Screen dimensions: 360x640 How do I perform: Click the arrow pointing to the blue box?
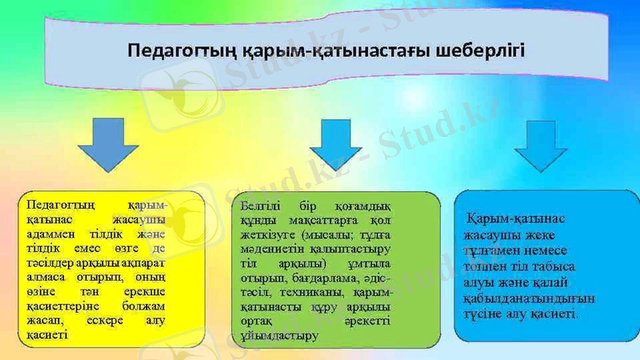tap(541, 146)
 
